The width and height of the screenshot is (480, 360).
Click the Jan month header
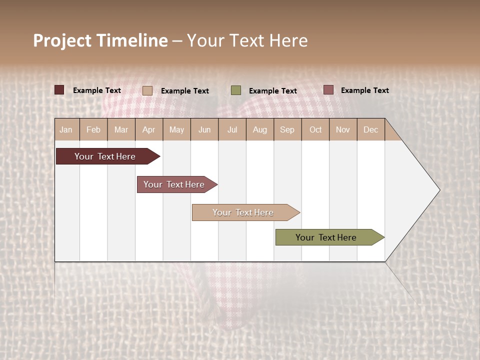[x=66, y=129]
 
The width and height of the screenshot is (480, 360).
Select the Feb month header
[x=93, y=129]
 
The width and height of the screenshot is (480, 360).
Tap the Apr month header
[x=148, y=129]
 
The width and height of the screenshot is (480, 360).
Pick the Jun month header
[x=204, y=129]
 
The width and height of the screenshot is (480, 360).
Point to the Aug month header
[x=259, y=129]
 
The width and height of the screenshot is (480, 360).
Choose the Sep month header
[x=287, y=129]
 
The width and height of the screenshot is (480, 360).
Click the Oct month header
[x=315, y=129]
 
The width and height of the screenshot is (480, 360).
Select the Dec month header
[x=370, y=129]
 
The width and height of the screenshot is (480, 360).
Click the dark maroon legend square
[x=59, y=90]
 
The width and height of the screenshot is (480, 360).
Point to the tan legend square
[x=147, y=90]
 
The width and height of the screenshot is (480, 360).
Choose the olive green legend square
[x=236, y=90]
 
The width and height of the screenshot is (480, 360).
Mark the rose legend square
[x=328, y=90]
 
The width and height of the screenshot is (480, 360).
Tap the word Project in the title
[x=62, y=40]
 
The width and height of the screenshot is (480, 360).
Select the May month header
[x=176, y=129]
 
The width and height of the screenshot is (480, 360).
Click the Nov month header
[x=342, y=129]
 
